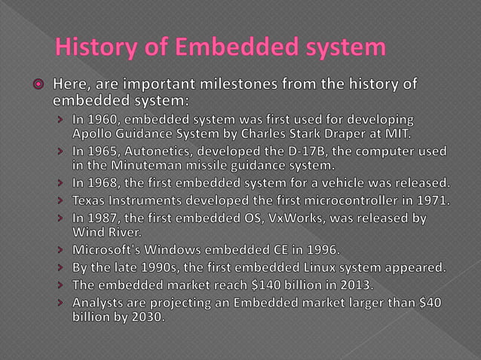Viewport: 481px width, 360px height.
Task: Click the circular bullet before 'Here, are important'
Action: pyautogui.click(x=35, y=84)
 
